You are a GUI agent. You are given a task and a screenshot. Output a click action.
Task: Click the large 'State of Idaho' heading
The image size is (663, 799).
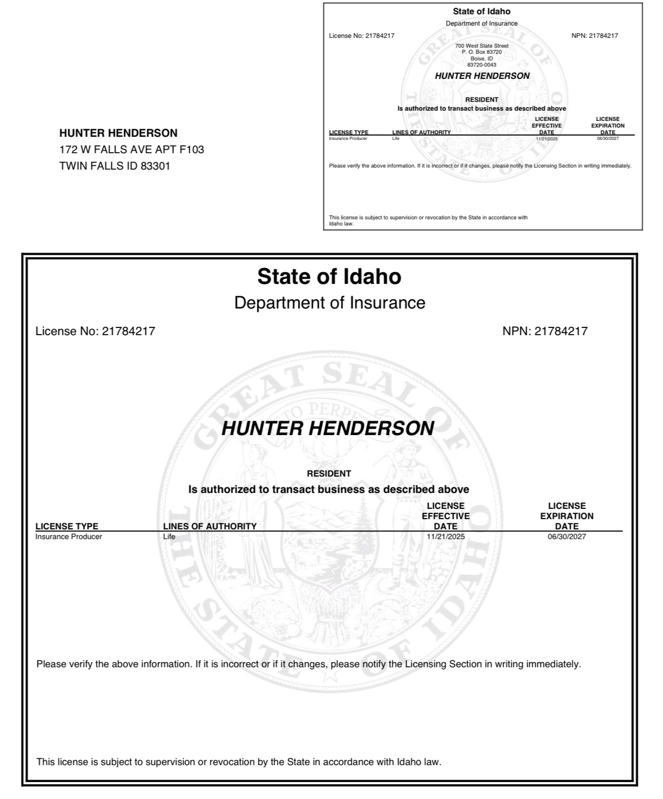329,276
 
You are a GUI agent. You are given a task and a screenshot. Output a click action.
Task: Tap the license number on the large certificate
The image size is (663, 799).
128,331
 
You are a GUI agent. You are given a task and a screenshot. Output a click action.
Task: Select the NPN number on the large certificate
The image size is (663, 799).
561,331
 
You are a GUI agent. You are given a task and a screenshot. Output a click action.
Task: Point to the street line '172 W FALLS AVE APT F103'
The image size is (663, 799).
132,150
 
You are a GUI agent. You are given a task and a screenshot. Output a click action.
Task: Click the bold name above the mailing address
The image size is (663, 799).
118,133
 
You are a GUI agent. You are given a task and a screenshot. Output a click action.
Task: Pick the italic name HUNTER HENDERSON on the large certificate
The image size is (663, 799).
328,428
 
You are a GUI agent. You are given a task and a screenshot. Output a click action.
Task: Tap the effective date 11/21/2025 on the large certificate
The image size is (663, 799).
446,537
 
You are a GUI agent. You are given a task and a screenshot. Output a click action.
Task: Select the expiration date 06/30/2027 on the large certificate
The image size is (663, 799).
567,537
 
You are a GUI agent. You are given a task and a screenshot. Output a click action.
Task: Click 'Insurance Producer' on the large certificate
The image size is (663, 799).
69,537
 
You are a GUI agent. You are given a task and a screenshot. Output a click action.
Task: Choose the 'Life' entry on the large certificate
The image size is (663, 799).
169,537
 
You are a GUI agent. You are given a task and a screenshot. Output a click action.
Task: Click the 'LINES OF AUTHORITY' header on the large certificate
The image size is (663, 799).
210,526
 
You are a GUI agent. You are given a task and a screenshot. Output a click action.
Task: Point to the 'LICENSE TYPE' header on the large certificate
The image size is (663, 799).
67,526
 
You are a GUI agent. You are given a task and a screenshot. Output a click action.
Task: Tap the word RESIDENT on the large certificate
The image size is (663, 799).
329,474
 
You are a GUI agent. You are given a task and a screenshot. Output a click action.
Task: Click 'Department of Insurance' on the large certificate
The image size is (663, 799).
330,303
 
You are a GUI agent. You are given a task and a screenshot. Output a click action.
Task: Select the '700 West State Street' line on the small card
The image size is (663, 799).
481,46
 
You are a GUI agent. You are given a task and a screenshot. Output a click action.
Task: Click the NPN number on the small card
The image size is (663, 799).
604,36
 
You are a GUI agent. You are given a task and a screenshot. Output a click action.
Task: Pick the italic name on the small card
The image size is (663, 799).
482,76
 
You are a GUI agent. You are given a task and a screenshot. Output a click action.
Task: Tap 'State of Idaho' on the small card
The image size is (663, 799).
481,11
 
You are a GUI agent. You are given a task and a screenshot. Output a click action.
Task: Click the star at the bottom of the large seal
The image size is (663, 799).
330,675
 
